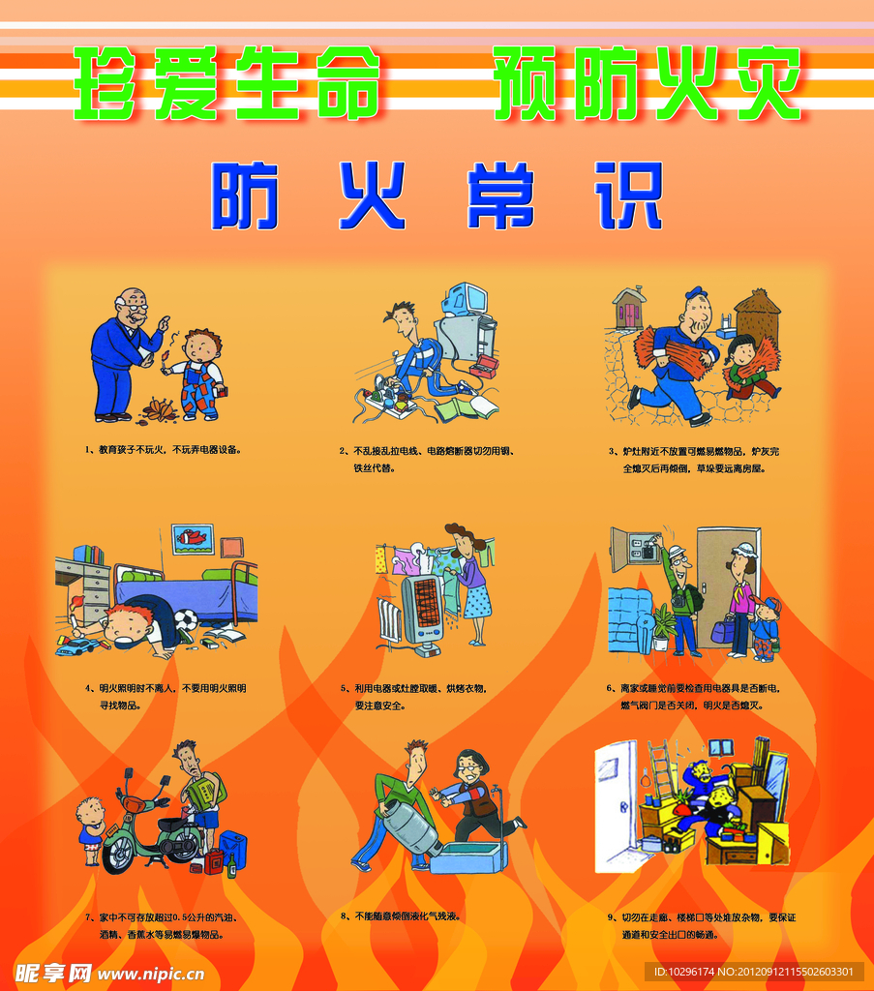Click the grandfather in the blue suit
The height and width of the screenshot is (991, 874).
(x=121, y=353)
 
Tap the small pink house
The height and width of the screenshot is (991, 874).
(x=629, y=307)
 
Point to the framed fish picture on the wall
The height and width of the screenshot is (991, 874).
(x=192, y=539)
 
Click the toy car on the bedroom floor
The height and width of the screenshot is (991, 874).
(x=77, y=646)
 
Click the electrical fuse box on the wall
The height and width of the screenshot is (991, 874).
(x=634, y=549)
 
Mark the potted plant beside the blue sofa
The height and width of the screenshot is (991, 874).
(x=664, y=627)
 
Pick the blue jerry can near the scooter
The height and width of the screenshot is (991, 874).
(x=232, y=849)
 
